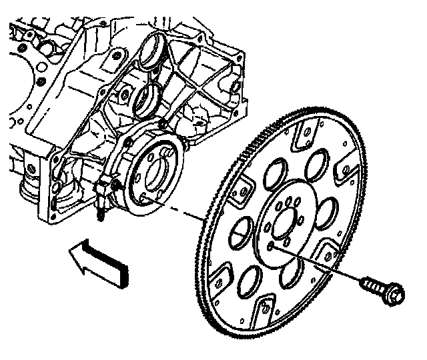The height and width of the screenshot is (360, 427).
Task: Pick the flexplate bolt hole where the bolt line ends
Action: pyautogui.click(x=270, y=245)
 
